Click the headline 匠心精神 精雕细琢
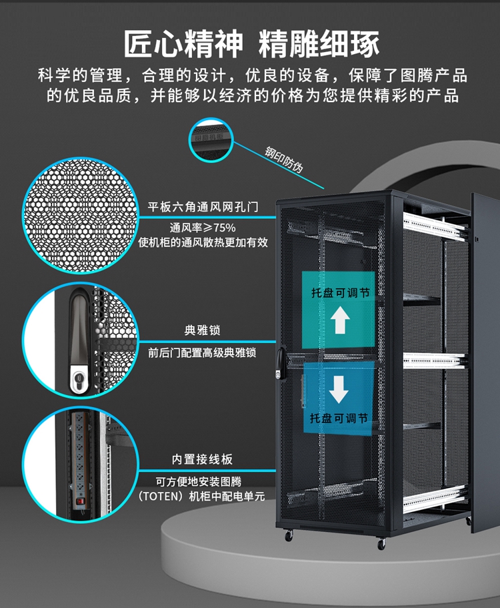pos(251,44)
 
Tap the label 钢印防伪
pos(284,159)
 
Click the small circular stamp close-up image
pos(211,139)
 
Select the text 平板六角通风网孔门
pos(203,207)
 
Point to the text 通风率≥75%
pos(203,227)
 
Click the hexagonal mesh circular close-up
pos(81,216)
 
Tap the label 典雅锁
pos(202,330)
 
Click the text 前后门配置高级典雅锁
pos(202,352)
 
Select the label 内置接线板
pos(202,459)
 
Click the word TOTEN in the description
pos(163,496)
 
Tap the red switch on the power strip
pos(80,501)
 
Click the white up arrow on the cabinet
pos(340,320)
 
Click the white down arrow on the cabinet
pos(339,389)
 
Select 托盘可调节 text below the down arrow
pos(339,418)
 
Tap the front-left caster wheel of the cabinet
pos(288,535)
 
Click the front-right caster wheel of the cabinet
pos(381,543)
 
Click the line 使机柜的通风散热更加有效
pos(203,242)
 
